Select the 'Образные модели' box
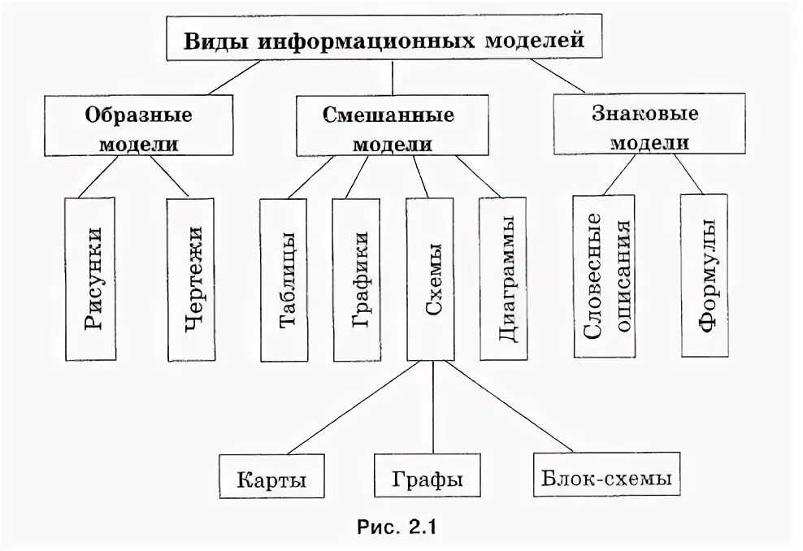(139, 127)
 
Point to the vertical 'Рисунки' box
(91, 278)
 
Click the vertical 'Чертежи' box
(192, 278)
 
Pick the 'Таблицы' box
(284, 279)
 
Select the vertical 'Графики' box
(358, 279)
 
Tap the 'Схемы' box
(430, 279)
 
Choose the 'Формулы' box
(704, 276)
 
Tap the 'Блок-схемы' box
(606, 478)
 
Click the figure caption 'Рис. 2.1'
(397, 527)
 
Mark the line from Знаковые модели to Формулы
(688, 174)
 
